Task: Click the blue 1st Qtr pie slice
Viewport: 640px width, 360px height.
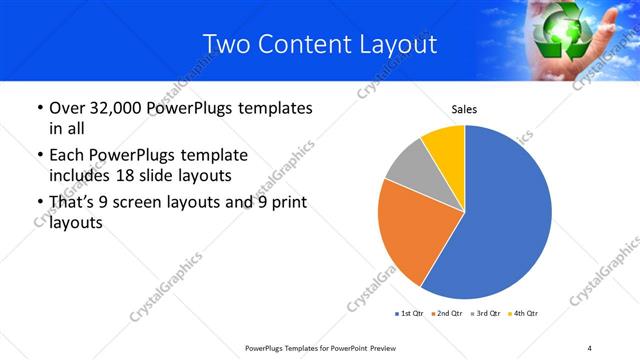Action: click(x=505, y=220)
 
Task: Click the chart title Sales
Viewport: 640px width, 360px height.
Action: click(x=465, y=109)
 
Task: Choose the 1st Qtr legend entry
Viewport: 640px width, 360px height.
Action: click(x=410, y=314)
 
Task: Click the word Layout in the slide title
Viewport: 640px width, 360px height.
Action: click(x=397, y=44)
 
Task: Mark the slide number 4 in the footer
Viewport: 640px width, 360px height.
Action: click(x=590, y=347)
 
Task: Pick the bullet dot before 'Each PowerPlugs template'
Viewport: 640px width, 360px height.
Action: click(x=39, y=156)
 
